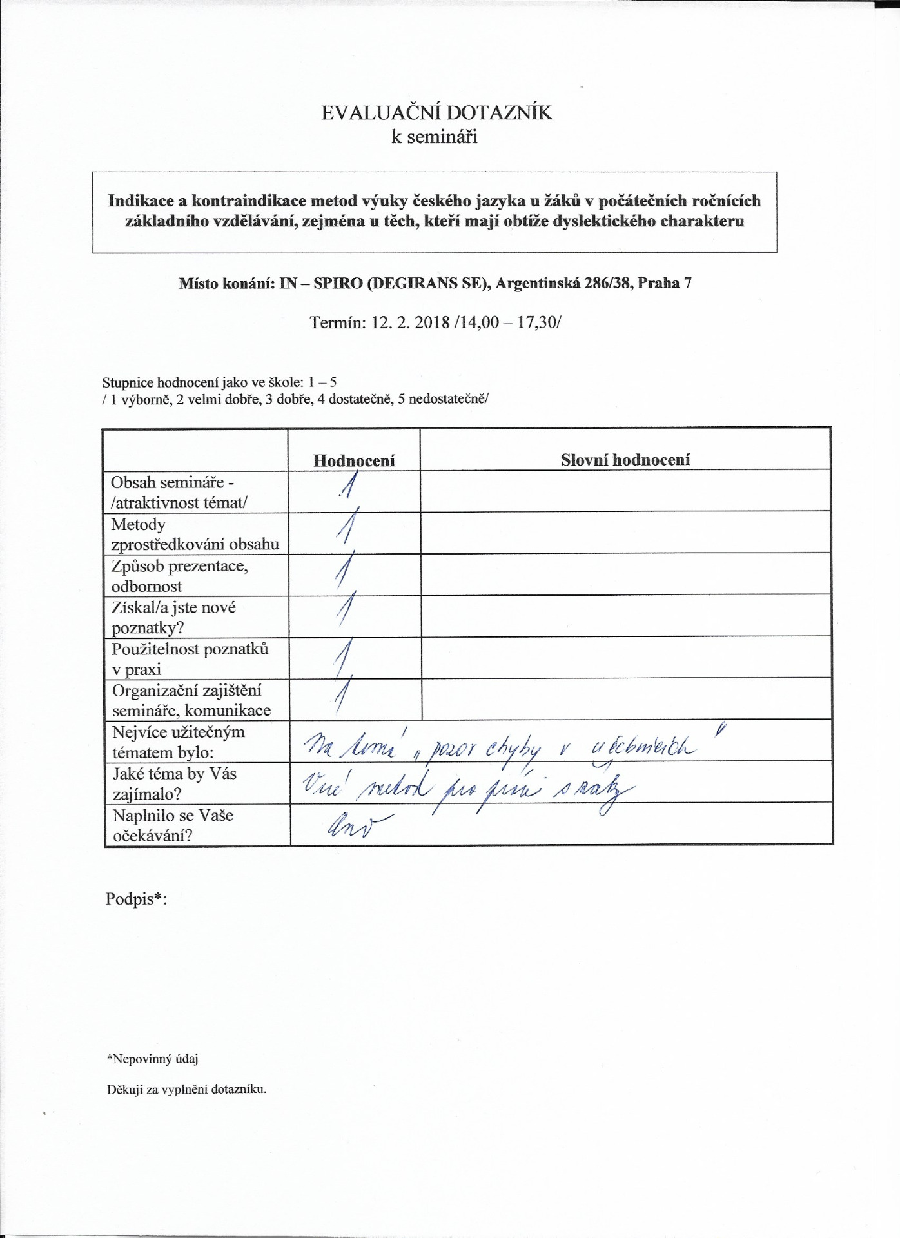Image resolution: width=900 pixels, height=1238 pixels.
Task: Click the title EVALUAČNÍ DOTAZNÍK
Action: tap(436, 113)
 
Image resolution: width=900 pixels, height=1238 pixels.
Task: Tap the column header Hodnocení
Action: tap(354, 460)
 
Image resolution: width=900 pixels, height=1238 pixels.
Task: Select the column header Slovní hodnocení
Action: tap(625, 460)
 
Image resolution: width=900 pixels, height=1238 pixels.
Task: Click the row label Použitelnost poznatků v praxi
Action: tap(190, 659)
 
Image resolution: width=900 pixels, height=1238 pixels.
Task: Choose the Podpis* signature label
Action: tap(136, 899)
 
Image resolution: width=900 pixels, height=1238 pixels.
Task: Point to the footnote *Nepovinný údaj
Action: tap(152, 1059)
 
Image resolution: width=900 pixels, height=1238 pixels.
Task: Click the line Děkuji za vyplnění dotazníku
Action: tap(186, 1090)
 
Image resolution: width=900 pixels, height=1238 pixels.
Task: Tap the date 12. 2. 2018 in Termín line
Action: tap(410, 322)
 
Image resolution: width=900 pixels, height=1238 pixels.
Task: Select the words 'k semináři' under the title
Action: tap(435, 137)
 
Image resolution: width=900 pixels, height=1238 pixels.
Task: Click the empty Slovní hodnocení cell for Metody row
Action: tap(625, 533)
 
